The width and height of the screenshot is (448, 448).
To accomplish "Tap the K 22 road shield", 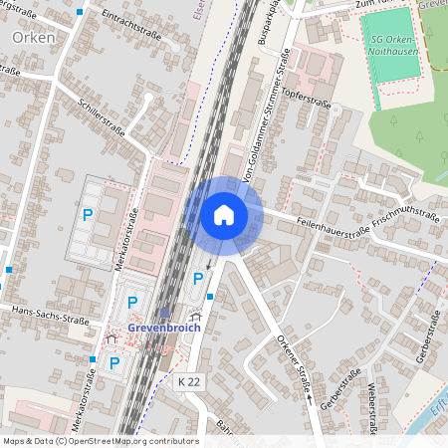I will tap(188, 381).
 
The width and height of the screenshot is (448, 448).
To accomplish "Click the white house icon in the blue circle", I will tap(224, 215).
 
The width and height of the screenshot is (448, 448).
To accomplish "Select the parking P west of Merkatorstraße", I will tap(88, 214).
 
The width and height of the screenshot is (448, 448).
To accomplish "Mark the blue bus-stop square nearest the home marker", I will tap(210, 296).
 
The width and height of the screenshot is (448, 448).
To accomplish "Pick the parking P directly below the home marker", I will tap(197, 277).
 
